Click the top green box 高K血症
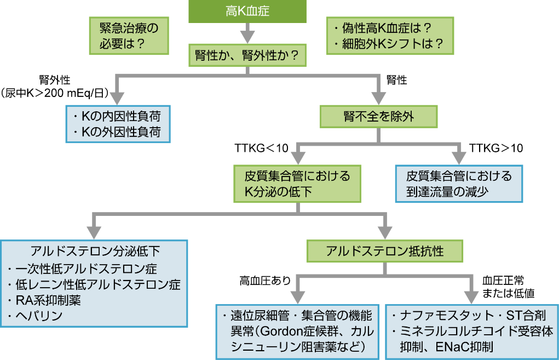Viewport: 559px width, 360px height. click(247, 12)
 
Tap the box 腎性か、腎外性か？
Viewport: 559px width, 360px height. click(247, 55)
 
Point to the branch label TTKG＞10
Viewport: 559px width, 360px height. click(496, 148)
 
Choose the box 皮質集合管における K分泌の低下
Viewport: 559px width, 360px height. click(297, 184)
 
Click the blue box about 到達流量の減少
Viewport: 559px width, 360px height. click(459, 184)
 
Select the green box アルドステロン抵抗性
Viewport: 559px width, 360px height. click(384, 251)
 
